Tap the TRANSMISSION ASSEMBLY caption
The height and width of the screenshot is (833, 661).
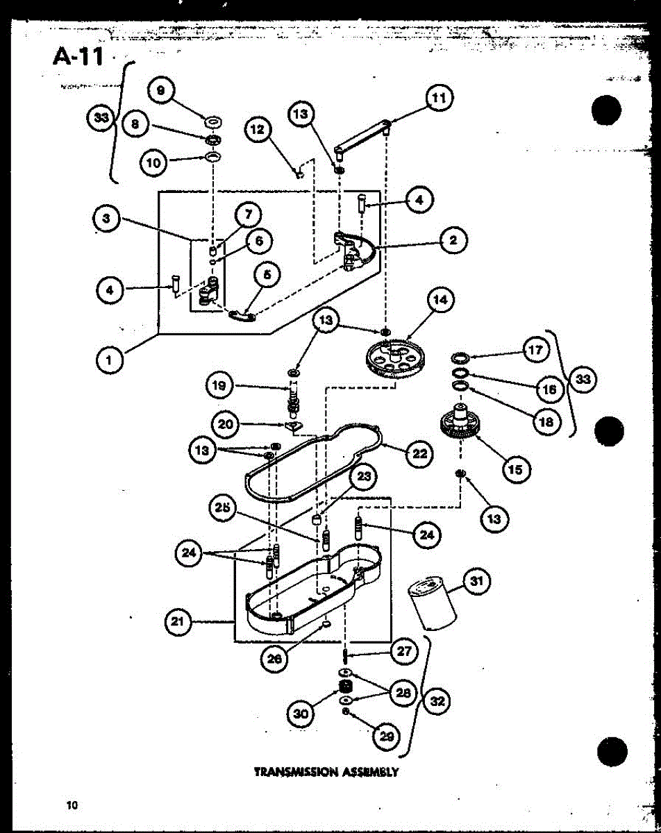[326, 771]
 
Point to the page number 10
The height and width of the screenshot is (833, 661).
[71, 805]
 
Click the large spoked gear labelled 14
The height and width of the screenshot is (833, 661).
[394, 357]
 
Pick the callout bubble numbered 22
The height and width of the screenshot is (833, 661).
[419, 454]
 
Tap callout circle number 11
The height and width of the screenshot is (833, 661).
[438, 98]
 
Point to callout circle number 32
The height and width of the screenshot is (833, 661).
[437, 702]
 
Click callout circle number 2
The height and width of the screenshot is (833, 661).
[453, 241]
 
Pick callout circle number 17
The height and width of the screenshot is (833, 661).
[535, 351]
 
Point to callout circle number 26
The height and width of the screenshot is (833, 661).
[276, 659]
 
